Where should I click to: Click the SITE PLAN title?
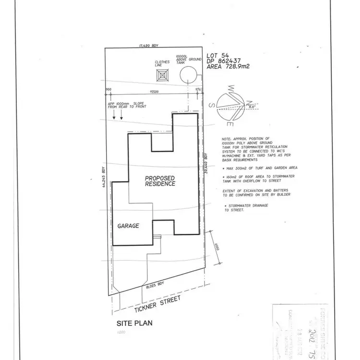pyautogui.click(x=134, y=323)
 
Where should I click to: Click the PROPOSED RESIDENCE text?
pyautogui.click(x=160, y=181)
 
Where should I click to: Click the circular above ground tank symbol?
pyautogui.click(x=188, y=76)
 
